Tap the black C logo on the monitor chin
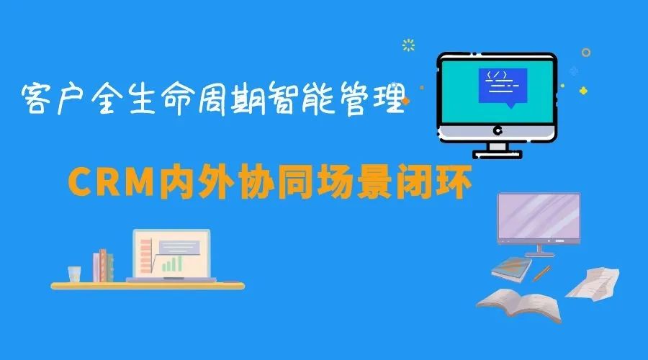point(497,130)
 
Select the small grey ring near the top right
point(585,53)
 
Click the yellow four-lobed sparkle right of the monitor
point(583,90)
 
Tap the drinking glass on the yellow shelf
point(74,274)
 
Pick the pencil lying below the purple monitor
point(542,272)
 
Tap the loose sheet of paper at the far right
point(593,282)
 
